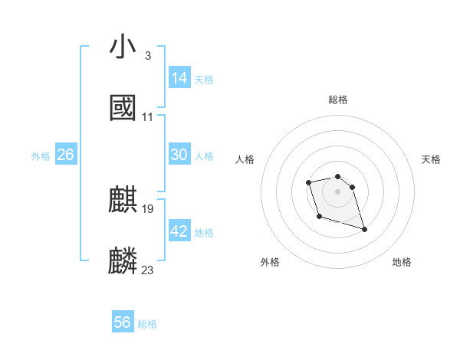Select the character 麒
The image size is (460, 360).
tap(123, 199)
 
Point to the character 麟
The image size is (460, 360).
tap(123, 260)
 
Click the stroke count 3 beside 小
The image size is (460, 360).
tap(147, 55)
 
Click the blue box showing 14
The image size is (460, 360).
tap(179, 78)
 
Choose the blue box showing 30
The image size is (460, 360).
tap(179, 155)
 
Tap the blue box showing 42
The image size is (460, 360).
tap(179, 231)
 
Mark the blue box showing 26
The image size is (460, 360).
tap(65, 155)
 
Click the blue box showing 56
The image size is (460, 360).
tap(123, 322)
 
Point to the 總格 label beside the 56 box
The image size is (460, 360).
tap(147, 324)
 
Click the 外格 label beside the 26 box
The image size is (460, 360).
tap(41, 156)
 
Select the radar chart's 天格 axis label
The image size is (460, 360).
tap(431, 159)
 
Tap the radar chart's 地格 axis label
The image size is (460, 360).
tap(402, 262)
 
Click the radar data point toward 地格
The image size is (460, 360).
tap(364, 230)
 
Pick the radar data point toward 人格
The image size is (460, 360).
tap(308, 182)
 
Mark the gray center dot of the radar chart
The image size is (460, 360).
tap(337, 191)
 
